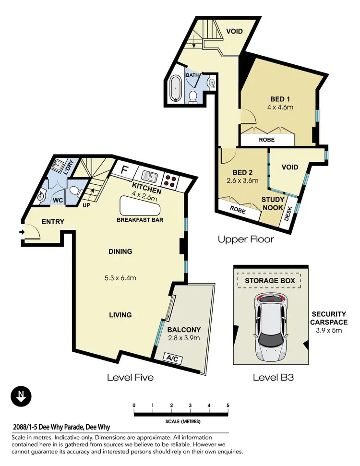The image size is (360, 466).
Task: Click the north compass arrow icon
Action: pos(21,396)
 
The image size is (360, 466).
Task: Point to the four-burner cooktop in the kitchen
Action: pos(171,179)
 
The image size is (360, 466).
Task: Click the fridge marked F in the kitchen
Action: pos(124,170)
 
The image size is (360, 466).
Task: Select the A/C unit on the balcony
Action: pos(171,358)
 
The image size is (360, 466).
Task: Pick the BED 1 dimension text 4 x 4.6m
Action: pos(279,108)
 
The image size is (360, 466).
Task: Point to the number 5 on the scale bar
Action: pos(228,406)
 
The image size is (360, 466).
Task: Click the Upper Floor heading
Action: pos(246,239)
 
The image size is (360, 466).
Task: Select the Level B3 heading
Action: pos(273,378)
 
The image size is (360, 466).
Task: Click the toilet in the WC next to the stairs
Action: pos(75,191)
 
